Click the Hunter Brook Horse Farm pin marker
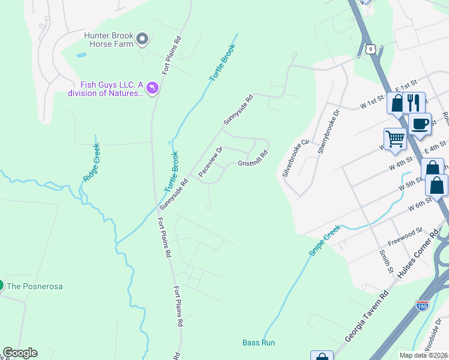[x=142, y=40]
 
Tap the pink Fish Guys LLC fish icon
[x=152, y=89]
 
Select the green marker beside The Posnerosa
[x=1, y=286]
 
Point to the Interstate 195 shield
[x=421, y=305]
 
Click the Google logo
[x=20, y=353]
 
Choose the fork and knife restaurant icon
[x=413, y=102]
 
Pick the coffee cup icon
[x=420, y=124]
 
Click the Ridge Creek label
[x=91, y=162]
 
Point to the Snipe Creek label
[x=324, y=241]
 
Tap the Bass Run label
[x=259, y=343]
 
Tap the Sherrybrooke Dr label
[x=329, y=131]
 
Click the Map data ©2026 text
[x=423, y=355]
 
